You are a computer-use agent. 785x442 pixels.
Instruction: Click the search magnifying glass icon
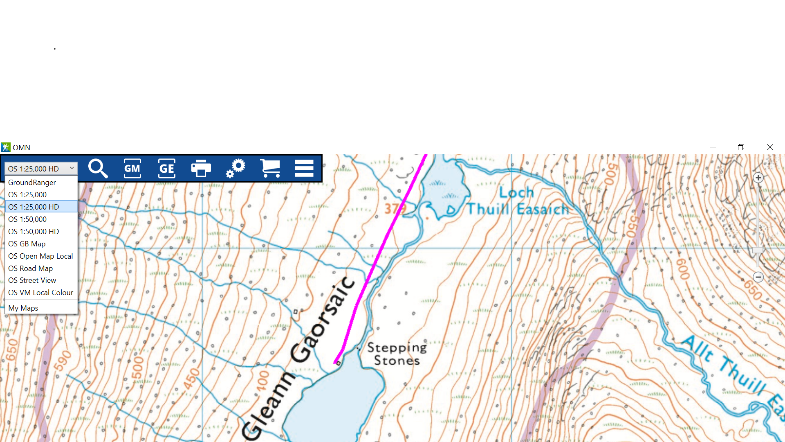[x=98, y=168]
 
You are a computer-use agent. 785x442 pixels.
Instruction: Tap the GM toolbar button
[x=132, y=168]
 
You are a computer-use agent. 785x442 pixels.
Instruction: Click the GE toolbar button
[x=166, y=168]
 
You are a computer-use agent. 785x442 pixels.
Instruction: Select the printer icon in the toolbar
[x=201, y=168]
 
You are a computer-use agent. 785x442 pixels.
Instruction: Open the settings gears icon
[x=235, y=168]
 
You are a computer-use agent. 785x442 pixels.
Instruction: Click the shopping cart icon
[x=270, y=168]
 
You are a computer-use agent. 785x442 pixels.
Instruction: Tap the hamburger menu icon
[x=304, y=168]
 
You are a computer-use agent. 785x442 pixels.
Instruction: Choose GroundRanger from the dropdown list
[x=32, y=183]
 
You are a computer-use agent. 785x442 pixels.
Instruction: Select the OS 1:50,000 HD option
[x=34, y=232]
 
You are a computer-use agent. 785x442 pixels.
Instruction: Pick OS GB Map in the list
[x=27, y=244]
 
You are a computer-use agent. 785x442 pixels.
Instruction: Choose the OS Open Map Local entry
[x=40, y=256]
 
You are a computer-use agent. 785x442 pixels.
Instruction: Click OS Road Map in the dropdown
[x=31, y=268]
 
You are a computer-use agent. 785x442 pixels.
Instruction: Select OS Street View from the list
[x=32, y=280]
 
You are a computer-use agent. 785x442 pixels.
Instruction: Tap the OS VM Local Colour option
[x=40, y=293]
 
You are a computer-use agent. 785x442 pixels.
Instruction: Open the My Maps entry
[x=23, y=308]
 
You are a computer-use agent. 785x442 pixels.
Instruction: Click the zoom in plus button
[x=758, y=178]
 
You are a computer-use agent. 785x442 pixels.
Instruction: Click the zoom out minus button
[x=758, y=277]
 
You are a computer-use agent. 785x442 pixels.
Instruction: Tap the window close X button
[x=770, y=147]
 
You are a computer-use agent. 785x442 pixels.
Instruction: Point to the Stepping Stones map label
[x=397, y=354]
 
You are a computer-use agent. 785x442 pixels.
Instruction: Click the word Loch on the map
[x=516, y=192]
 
